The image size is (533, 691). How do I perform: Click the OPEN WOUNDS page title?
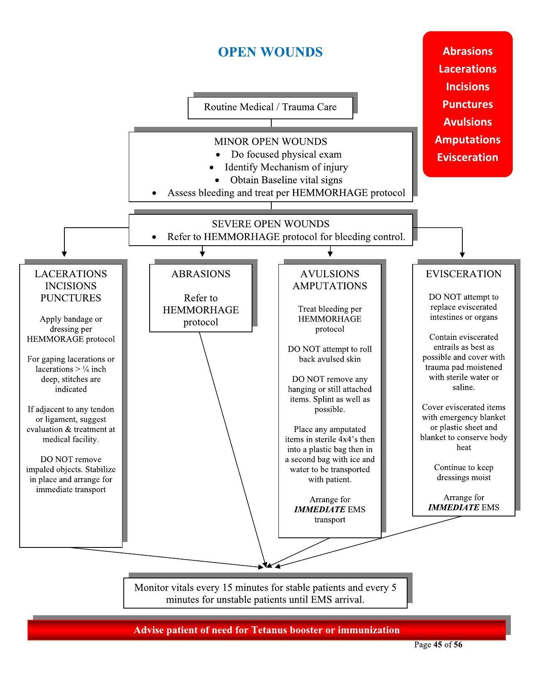270,52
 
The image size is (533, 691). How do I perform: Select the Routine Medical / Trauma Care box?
270,107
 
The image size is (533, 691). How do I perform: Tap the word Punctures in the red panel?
467,104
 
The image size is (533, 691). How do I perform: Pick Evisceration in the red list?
467,157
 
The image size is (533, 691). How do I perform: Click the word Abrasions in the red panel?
467,51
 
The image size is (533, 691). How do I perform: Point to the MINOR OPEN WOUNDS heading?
270,141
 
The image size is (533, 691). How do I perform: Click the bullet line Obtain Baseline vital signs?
286,180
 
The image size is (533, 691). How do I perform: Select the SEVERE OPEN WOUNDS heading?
270,224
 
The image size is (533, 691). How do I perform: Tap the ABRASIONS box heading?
201,274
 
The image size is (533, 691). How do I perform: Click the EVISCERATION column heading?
464,274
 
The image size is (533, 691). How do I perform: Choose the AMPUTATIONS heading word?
330,286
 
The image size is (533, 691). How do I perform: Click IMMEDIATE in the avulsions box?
320,510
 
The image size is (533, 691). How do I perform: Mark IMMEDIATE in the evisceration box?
454,508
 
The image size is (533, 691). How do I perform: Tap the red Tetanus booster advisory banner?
266,630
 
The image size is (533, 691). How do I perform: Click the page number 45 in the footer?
438,645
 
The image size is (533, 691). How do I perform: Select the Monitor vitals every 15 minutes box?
265,593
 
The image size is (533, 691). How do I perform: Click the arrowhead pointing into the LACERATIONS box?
64,254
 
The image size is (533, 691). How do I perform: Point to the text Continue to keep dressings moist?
464,473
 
